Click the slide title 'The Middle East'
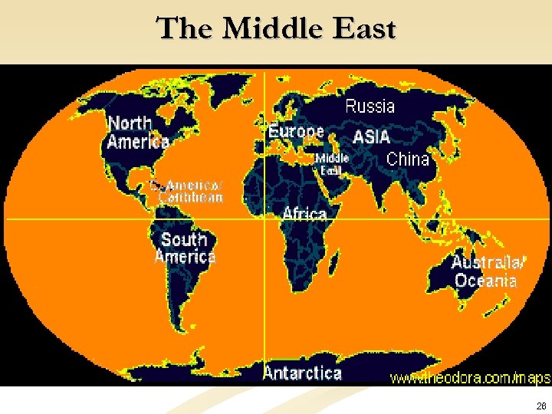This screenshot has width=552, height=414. [x=276, y=29]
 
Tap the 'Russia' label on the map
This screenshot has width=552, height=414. [x=370, y=107]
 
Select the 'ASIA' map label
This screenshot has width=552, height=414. [x=371, y=138]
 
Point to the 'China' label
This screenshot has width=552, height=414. [x=408, y=159]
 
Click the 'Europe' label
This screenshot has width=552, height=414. [x=296, y=132]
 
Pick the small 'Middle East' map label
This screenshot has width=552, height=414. [x=332, y=163]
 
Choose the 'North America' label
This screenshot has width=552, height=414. [x=137, y=132]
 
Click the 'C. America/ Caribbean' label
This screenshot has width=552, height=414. [x=188, y=191]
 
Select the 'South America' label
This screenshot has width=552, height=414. [x=185, y=248]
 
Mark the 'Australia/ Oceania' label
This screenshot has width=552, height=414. [x=488, y=271]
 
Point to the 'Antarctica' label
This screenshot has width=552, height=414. [x=302, y=373]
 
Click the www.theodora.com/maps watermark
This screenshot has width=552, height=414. [x=470, y=378]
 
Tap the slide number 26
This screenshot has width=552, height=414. [x=541, y=406]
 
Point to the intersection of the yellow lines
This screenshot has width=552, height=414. [x=264, y=219]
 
